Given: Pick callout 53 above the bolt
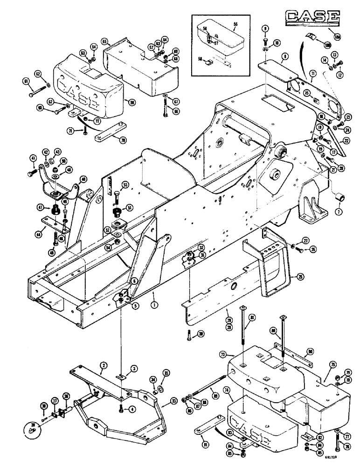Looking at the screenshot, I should pos(125,185).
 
